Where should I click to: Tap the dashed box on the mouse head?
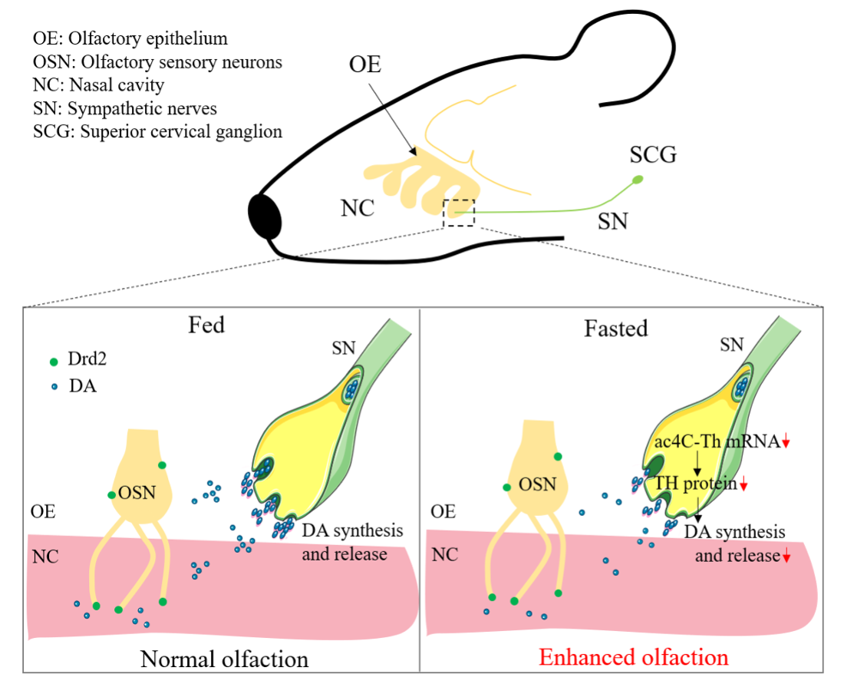(459, 213)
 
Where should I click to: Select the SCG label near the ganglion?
(654, 156)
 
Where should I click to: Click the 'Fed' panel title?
(206, 325)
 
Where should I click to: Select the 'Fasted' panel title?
(615, 329)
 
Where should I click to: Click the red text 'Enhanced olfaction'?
(633, 657)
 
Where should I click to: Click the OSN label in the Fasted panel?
(537, 484)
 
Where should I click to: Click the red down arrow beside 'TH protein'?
(743, 484)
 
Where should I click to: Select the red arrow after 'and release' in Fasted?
(786, 557)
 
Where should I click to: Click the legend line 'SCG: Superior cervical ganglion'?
(158, 131)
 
